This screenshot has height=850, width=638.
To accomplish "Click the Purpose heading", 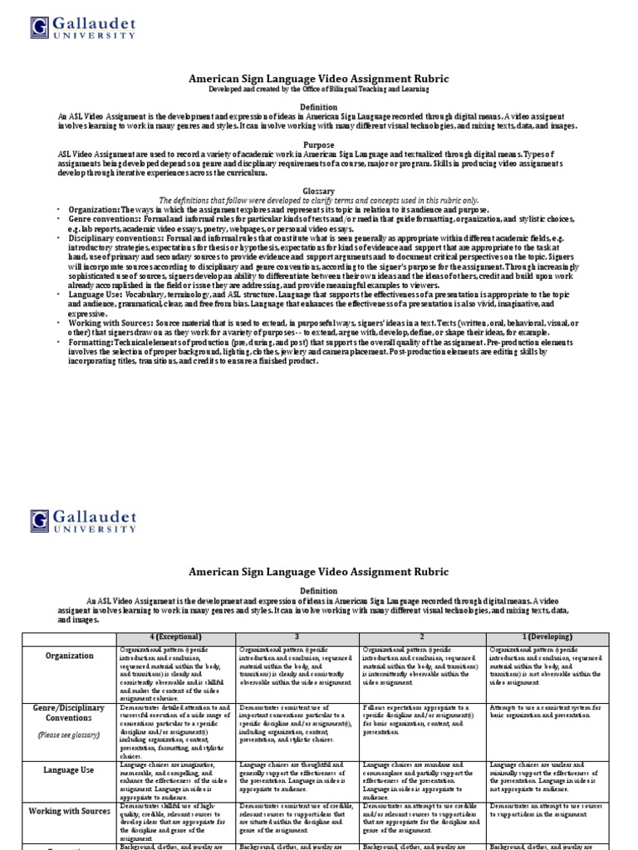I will [x=318, y=144].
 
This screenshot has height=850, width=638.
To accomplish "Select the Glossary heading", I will [x=318, y=190].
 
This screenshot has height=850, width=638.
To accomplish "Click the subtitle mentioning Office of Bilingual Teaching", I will [x=318, y=89].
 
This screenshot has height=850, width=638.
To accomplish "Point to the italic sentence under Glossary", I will [x=318, y=200].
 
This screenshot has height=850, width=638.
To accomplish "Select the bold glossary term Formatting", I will [x=93, y=343].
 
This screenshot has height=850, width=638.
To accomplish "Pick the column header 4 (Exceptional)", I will [x=176, y=637].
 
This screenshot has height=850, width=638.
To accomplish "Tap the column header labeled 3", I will [x=297, y=637].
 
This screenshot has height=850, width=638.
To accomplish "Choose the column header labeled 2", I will [x=422, y=637].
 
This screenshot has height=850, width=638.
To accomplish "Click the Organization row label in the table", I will [x=70, y=655].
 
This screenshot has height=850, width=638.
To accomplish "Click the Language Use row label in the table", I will [x=70, y=769].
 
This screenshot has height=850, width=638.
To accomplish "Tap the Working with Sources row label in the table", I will [x=70, y=810].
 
